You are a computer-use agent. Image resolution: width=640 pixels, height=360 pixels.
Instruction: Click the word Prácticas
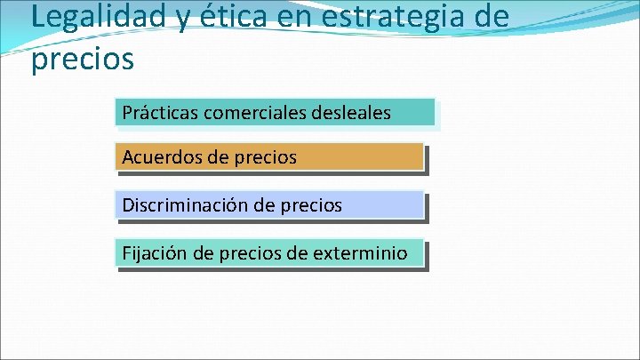(160, 113)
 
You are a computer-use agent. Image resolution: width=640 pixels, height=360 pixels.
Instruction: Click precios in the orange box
(266, 158)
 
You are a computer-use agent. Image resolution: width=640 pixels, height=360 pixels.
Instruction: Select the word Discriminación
(185, 205)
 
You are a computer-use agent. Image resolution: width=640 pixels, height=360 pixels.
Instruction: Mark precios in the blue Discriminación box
(310, 205)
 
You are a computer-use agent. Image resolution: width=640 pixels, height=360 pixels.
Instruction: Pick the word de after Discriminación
(264, 205)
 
